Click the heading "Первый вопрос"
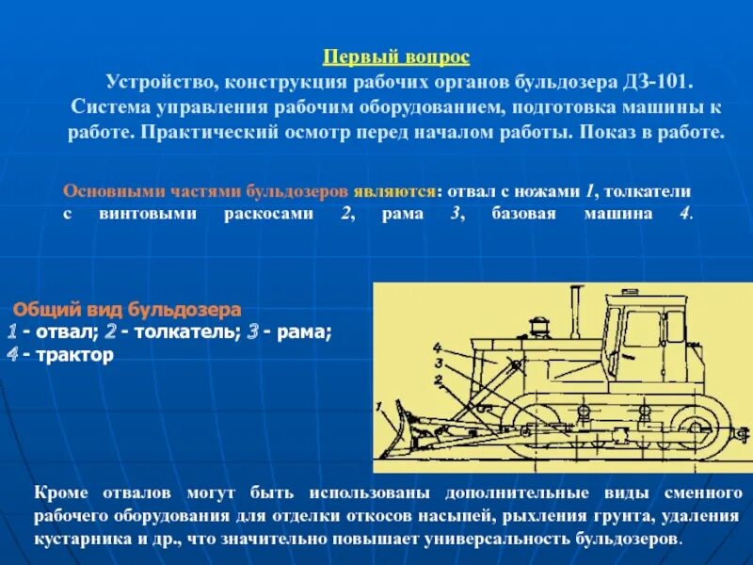(x=395, y=57)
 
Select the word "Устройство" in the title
(x=151, y=82)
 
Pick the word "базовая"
(x=521, y=214)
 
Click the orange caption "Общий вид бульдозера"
(x=127, y=309)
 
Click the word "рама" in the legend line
(x=303, y=331)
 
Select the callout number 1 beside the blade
(x=378, y=407)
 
